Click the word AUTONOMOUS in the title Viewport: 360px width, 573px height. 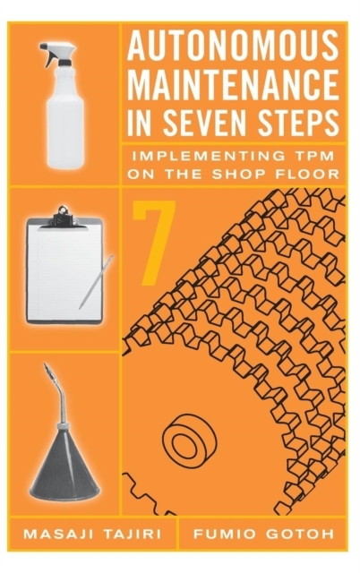point(233,45)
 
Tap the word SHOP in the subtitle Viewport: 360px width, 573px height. point(234,174)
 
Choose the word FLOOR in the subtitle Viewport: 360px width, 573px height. point(304,174)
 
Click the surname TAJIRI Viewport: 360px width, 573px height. point(132,534)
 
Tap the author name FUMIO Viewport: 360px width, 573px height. point(224,534)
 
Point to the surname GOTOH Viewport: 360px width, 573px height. point(299,534)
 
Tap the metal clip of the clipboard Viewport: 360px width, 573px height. point(64,217)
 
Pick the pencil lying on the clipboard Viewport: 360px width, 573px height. point(96,282)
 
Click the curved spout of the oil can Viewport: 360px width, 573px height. point(57,392)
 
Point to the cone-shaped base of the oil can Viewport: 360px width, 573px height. point(64,467)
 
